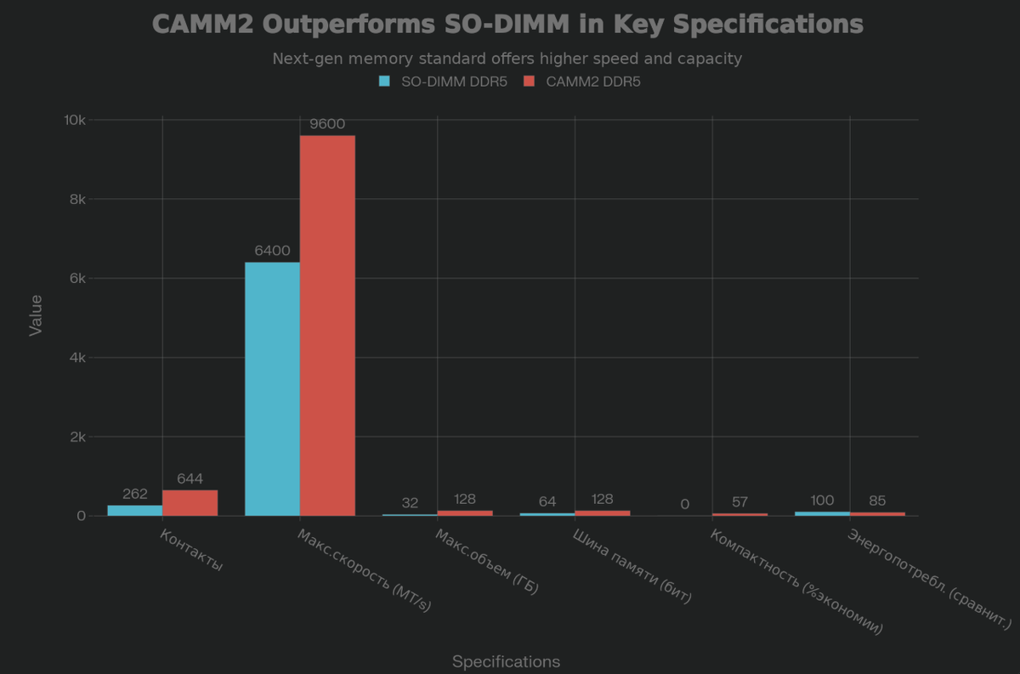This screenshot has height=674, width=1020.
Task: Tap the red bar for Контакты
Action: [190, 502]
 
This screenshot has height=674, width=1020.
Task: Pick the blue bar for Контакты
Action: [135, 510]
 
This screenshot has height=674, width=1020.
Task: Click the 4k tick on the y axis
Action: [75, 358]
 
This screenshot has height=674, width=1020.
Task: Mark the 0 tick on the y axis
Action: [81, 516]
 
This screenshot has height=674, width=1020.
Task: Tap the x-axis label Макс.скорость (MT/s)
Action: [365, 570]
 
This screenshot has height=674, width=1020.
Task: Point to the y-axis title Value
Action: [36, 315]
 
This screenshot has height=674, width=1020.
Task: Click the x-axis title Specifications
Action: [506, 661]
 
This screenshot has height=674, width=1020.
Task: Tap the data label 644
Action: [190, 479]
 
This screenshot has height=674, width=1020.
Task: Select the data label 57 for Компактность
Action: [739, 501]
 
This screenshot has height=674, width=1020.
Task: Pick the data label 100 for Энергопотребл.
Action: [822, 500]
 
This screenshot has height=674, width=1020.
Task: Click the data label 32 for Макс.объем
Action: [410, 502]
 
